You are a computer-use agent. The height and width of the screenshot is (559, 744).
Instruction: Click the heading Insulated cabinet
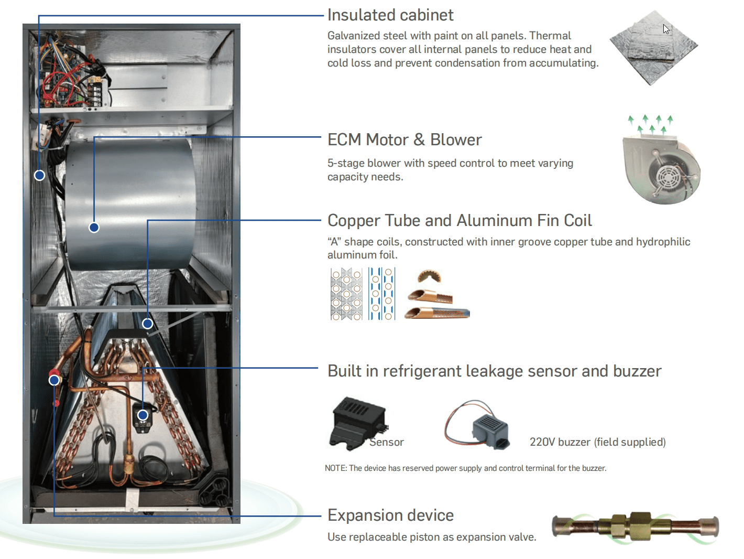tap(390, 15)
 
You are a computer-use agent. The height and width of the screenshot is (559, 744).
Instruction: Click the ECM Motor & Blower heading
tap(404, 140)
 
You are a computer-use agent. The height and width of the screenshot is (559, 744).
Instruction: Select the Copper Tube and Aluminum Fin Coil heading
tap(459, 221)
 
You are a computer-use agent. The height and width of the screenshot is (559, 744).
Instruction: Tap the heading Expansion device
tap(390, 515)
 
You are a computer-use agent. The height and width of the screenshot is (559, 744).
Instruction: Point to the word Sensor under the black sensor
tap(387, 443)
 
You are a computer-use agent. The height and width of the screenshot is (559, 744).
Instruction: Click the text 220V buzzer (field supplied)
tap(597, 442)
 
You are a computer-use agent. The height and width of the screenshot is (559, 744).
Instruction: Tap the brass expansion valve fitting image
tap(635, 525)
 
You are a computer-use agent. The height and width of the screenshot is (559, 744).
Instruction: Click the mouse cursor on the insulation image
tap(666, 29)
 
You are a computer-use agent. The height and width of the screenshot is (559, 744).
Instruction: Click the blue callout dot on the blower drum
tap(94, 228)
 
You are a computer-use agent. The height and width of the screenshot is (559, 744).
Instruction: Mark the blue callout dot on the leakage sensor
tap(143, 415)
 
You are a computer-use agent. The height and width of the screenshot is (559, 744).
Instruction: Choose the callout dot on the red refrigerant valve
tap(54, 380)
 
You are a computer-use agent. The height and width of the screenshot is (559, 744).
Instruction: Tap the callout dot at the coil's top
tap(148, 324)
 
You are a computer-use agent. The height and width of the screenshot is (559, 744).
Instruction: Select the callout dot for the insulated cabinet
tap(39, 175)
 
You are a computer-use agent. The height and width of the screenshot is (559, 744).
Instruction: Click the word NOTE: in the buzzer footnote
tap(336, 468)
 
